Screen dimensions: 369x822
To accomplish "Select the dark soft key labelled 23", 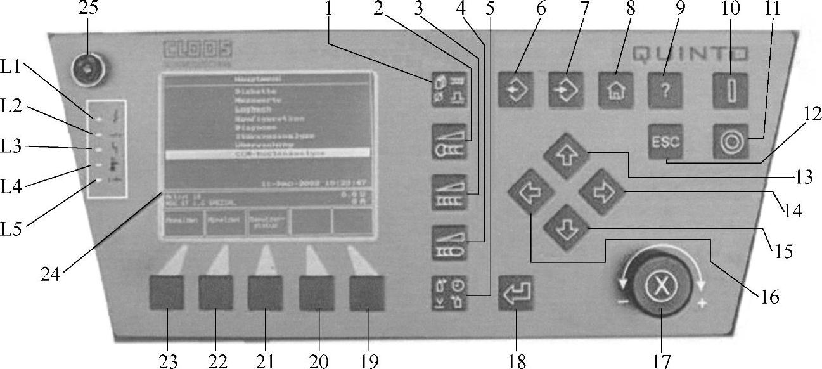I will [167, 293].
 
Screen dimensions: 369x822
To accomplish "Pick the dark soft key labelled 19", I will [366, 293].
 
